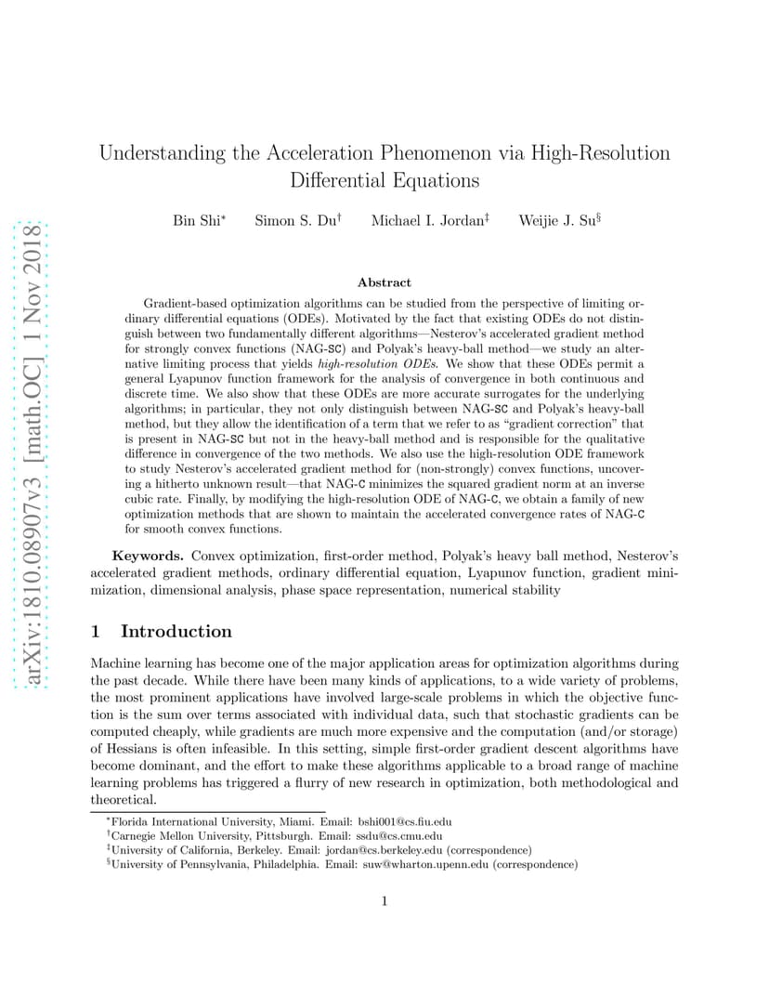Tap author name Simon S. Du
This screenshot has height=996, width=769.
(x=294, y=220)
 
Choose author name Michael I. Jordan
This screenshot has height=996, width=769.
(x=425, y=220)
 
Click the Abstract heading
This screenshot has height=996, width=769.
(x=384, y=282)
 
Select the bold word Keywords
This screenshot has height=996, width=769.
(x=149, y=556)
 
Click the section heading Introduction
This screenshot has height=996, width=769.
(x=176, y=632)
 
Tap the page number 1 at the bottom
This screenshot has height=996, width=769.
(x=384, y=900)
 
